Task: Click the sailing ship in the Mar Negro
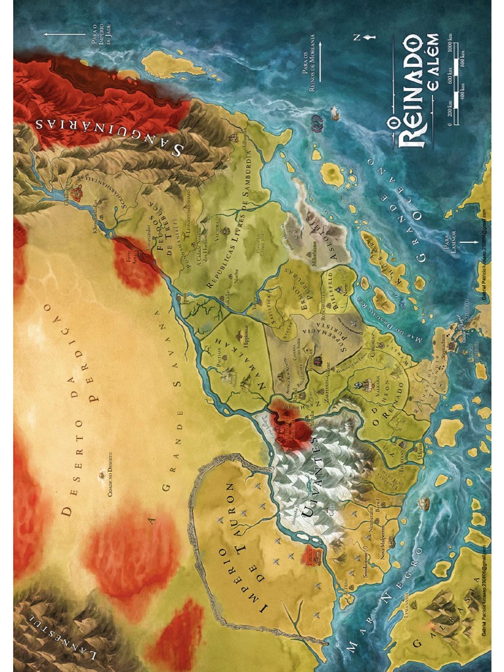[x=424, y=504]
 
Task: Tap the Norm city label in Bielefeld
[x=339, y=289]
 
